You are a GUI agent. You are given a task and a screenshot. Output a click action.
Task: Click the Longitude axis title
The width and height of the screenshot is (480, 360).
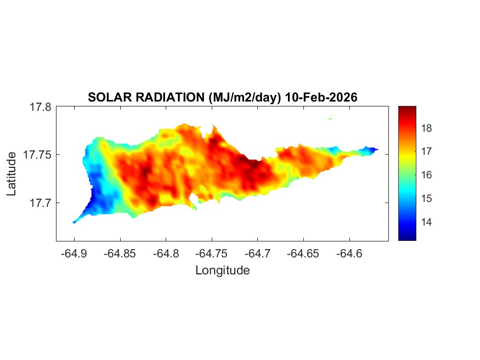point(222,270)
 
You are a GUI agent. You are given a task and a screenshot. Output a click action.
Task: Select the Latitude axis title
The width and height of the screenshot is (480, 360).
point(12,174)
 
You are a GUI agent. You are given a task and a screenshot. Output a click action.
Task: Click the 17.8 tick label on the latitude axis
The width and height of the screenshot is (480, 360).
point(41,107)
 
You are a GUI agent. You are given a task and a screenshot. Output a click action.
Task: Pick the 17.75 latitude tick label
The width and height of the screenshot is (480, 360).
point(38,155)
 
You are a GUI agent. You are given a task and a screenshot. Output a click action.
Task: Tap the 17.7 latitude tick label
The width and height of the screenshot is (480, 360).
point(41,203)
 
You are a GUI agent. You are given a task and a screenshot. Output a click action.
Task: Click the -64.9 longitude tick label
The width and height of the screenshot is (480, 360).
point(74,254)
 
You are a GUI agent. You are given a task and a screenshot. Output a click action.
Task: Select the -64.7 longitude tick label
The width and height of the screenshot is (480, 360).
point(257,254)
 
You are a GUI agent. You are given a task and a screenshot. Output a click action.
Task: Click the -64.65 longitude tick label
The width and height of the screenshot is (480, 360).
point(303,254)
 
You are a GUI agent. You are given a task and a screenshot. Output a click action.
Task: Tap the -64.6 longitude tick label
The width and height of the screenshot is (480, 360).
point(349,254)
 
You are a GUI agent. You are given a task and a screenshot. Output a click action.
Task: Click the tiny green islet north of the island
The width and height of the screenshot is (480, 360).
point(330,118)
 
